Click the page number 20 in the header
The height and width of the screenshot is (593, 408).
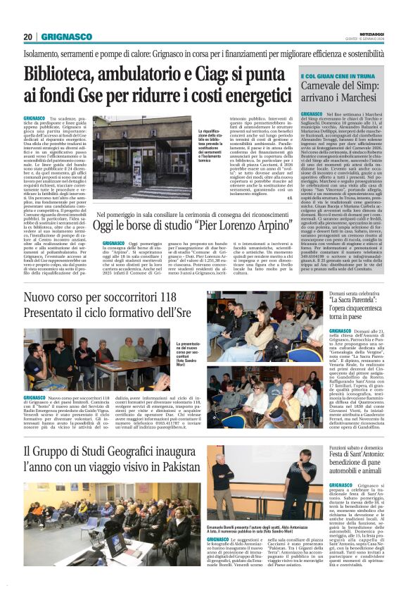(27, 36)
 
